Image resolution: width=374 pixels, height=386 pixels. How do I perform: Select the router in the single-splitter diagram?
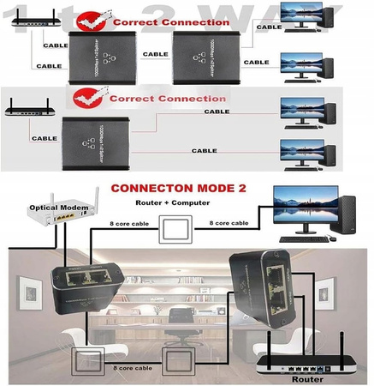click(27, 110)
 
